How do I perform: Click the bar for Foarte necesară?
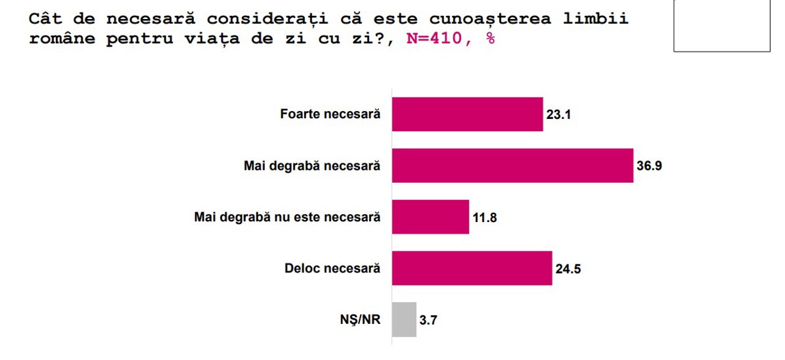467,115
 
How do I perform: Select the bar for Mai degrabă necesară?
512,166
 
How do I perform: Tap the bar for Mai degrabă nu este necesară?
431,217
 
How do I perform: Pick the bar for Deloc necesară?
472,269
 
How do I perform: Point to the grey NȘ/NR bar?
404,320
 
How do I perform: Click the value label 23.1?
559,115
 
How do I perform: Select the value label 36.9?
649,166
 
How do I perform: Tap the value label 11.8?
484,218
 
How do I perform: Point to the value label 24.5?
568,269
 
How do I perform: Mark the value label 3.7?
428,320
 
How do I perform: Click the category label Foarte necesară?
330,115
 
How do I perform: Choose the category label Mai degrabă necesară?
312,166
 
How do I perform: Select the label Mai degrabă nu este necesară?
287,217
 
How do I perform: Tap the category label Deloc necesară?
332,269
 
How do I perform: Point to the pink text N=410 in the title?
434,39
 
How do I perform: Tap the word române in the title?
62,39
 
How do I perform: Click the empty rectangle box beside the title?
721,26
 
